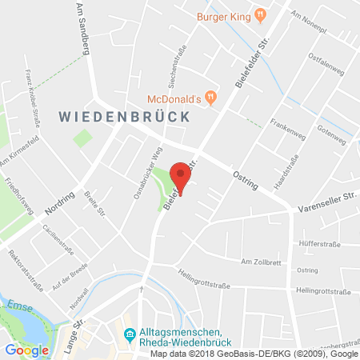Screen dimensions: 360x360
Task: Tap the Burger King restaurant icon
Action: [x=260, y=14]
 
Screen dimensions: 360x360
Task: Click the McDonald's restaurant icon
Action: [x=211, y=98]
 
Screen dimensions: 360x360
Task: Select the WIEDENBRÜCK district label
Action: [x=123, y=117]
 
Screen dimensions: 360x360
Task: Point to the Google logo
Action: [x=26, y=349]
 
